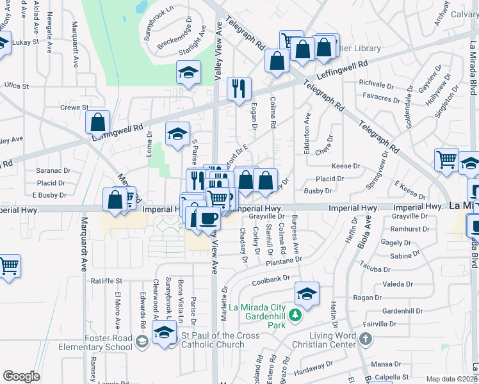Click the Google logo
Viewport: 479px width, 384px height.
point(21,376)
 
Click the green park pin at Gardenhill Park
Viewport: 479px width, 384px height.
point(294,315)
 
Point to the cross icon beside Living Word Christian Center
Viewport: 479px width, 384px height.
point(365,338)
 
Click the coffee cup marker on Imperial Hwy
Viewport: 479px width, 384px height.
point(207,219)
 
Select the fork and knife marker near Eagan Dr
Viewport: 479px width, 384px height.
point(239,88)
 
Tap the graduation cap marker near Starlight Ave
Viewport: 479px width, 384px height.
point(188,73)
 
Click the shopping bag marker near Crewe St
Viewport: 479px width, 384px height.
point(97,122)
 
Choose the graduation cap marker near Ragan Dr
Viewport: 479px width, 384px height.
point(307,293)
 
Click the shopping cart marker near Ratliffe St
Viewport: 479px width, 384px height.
point(8,266)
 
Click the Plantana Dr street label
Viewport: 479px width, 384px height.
point(282,260)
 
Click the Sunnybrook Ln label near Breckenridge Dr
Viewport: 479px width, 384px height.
point(159,24)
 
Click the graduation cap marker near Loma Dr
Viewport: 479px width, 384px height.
point(177,134)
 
